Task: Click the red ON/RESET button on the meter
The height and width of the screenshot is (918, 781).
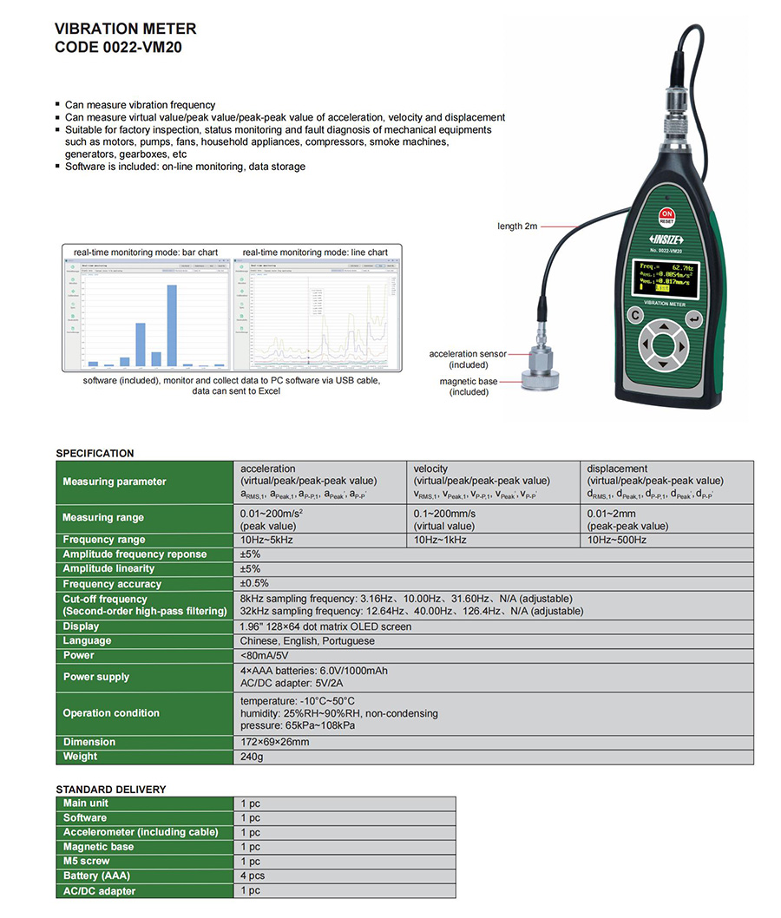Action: (x=666, y=216)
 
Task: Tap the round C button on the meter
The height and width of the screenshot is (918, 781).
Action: (x=635, y=316)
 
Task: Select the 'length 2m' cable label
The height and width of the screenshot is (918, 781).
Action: (x=517, y=226)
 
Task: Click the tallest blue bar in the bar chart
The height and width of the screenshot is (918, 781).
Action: (x=172, y=325)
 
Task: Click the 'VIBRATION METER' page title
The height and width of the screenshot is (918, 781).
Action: (x=126, y=30)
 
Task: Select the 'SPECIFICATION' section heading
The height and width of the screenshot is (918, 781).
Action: (x=95, y=453)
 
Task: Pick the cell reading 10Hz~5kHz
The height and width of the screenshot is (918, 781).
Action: (x=266, y=540)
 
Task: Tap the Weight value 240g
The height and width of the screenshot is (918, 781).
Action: (x=252, y=757)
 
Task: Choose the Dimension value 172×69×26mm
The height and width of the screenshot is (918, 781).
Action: (x=274, y=742)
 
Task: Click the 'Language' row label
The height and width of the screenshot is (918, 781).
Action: (x=87, y=640)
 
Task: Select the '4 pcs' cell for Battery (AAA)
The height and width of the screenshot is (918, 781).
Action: (x=253, y=875)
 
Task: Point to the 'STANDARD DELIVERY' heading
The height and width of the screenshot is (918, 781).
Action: (x=110, y=790)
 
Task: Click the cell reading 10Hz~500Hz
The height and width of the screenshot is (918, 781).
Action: (x=616, y=540)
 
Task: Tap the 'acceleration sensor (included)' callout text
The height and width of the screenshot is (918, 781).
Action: (x=468, y=359)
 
